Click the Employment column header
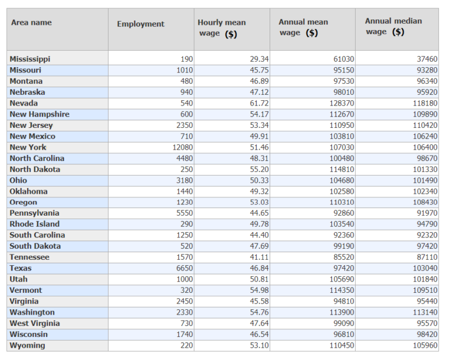pyautogui.click(x=140, y=24)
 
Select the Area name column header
pyautogui.click(x=31, y=22)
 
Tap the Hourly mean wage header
pyautogui.click(x=222, y=28)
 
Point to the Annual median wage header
pyautogui.click(x=393, y=27)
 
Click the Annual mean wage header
pyautogui.click(x=303, y=28)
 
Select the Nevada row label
pyautogui.click(x=24, y=103)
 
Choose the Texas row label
pyautogui.click(x=21, y=268)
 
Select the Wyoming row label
pyautogui.click(x=27, y=345)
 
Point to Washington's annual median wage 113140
pyautogui.click(x=424, y=312)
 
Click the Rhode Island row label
pyautogui.click(x=34, y=224)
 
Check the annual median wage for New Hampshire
pyautogui.click(x=424, y=114)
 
